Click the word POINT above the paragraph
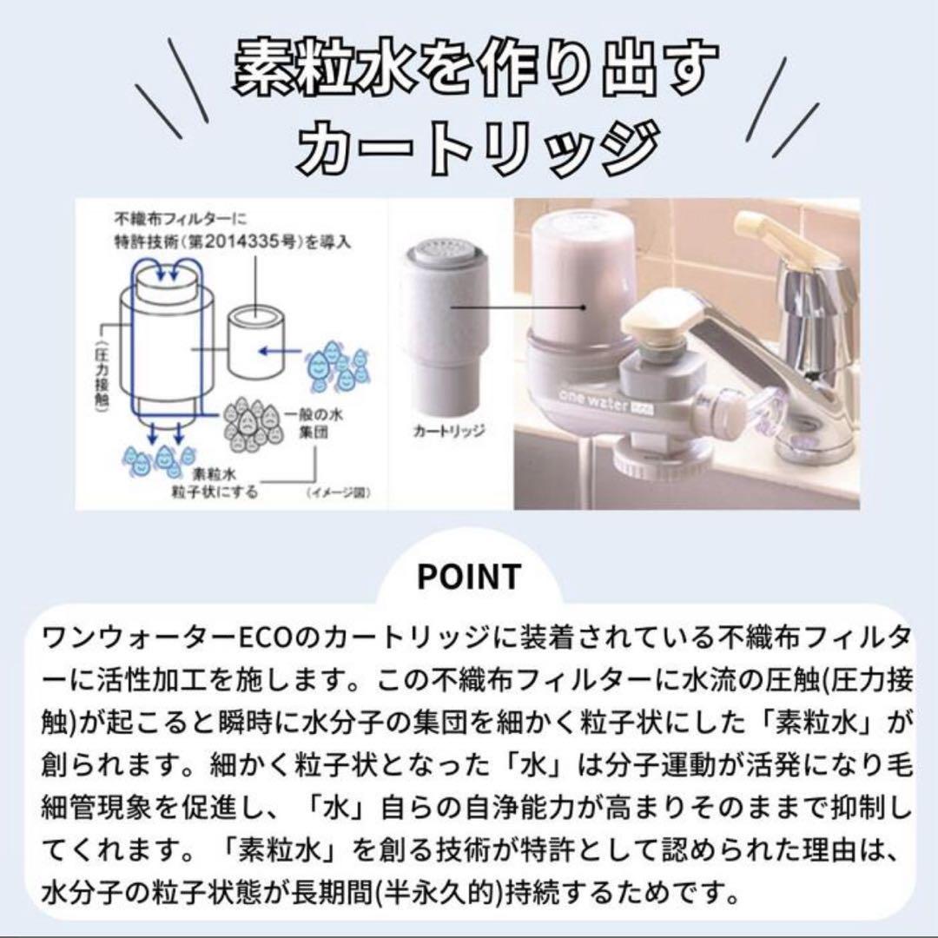pos(469,577)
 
